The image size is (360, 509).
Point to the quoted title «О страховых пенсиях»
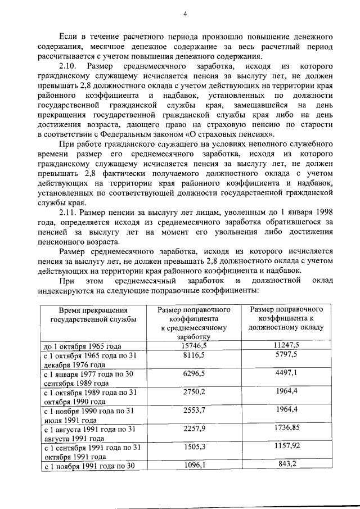click(233, 134)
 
